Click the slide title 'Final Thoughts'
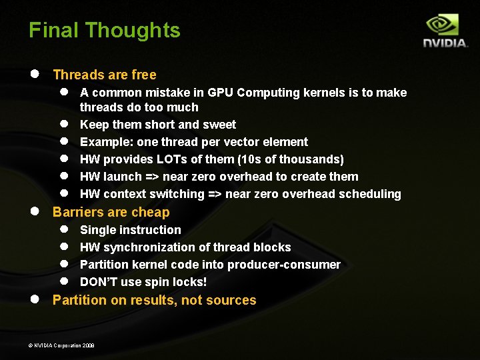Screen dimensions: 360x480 click(x=104, y=31)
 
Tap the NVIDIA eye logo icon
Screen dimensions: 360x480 click(x=442, y=25)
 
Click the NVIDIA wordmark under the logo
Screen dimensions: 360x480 click(x=445, y=43)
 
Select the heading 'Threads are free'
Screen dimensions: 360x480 click(x=105, y=75)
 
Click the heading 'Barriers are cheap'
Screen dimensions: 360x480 click(x=111, y=212)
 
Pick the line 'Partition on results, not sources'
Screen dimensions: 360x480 click(x=154, y=300)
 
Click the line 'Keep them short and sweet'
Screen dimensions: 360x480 click(x=158, y=125)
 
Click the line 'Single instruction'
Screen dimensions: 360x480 click(x=131, y=230)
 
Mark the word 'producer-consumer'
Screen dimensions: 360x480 click(x=284, y=265)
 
